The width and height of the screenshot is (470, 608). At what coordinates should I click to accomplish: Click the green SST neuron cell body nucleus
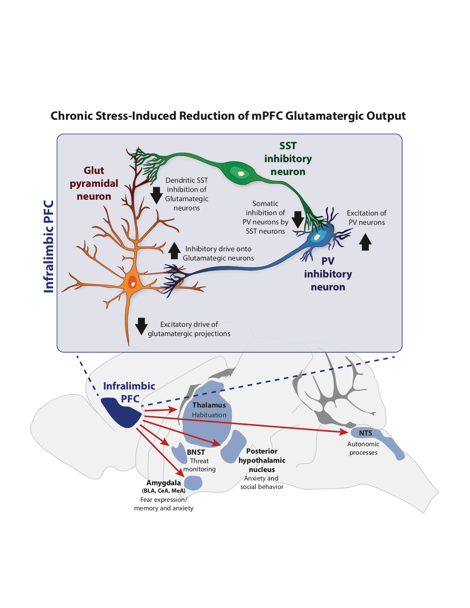(x=241, y=173)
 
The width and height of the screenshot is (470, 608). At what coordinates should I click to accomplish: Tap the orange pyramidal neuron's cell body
(x=132, y=283)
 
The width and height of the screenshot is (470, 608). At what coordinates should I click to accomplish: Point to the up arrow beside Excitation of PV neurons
(x=365, y=242)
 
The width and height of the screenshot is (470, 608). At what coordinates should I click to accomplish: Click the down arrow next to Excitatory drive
(x=141, y=326)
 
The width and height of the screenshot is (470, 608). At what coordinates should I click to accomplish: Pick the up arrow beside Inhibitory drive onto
(x=174, y=251)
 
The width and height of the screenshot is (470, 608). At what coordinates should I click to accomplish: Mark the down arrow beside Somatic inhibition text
(x=298, y=220)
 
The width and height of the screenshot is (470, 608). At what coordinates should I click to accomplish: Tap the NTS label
(x=365, y=433)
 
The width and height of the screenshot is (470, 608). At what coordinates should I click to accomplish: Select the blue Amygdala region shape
(x=193, y=483)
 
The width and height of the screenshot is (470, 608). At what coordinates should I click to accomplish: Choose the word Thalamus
(x=209, y=405)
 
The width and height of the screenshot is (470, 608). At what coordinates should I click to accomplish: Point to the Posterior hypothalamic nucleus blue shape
(x=234, y=447)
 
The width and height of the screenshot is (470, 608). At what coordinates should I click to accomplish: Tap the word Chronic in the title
(x=72, y=116)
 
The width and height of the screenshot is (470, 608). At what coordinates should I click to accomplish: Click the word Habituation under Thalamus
(x=209, y=415)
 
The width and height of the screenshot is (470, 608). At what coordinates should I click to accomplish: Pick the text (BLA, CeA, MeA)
(x=164, y=491)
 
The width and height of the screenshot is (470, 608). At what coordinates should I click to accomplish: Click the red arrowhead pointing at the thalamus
(x=173, y=409)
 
